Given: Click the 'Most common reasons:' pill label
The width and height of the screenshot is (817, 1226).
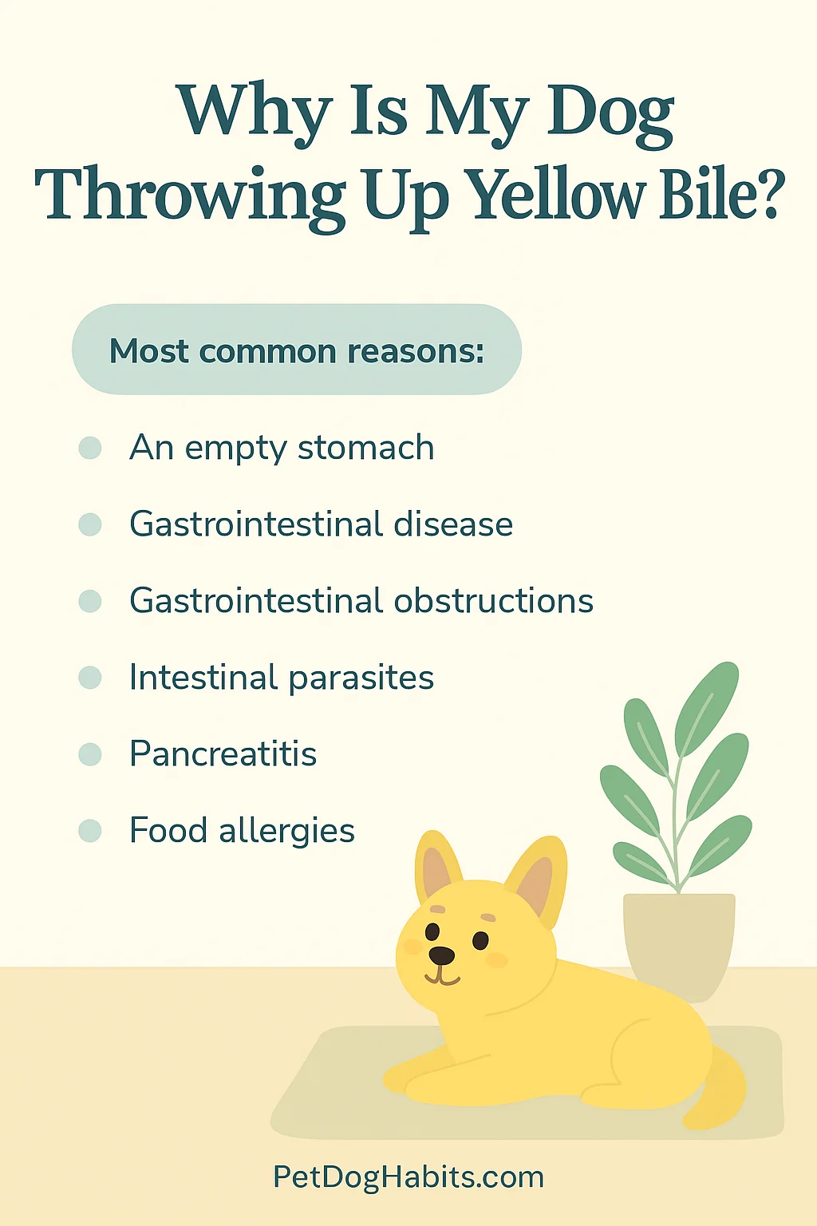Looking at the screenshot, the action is [x=297, y=350].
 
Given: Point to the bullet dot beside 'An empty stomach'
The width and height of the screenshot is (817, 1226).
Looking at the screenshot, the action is [x=90, y=448].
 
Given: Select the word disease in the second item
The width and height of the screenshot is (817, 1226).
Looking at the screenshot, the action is [x=453, y=524].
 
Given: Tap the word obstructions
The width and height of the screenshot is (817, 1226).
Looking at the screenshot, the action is [x=494, y=600].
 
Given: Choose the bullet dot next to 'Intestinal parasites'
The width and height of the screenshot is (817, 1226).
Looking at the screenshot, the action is [x=90, y=678].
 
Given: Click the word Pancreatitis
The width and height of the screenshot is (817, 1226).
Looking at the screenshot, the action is [x=223, y=753].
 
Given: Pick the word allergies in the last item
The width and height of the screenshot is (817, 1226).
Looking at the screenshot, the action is [x=286, y=832].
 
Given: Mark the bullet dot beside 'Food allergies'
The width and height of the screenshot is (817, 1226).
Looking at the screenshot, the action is [x=90, y=830].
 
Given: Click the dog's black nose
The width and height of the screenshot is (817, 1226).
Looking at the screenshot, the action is [x=441, y=955].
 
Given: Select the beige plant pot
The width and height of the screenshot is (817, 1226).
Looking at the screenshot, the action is [x=679, y=947].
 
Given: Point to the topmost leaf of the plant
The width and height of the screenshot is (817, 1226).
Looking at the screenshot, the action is [x=706, y=709].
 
